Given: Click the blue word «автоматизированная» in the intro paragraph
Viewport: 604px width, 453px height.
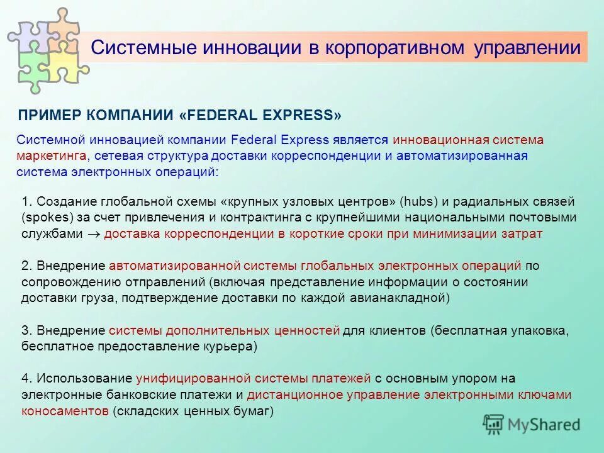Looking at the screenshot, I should [462, 155].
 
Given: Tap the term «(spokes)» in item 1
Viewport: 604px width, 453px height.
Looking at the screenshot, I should [44, 218].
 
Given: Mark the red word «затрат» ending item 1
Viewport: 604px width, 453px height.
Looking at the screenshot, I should [522, 233].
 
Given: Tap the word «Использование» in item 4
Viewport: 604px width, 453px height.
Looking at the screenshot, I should [84, 379].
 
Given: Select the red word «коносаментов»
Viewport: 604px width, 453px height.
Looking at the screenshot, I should [65, 411].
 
